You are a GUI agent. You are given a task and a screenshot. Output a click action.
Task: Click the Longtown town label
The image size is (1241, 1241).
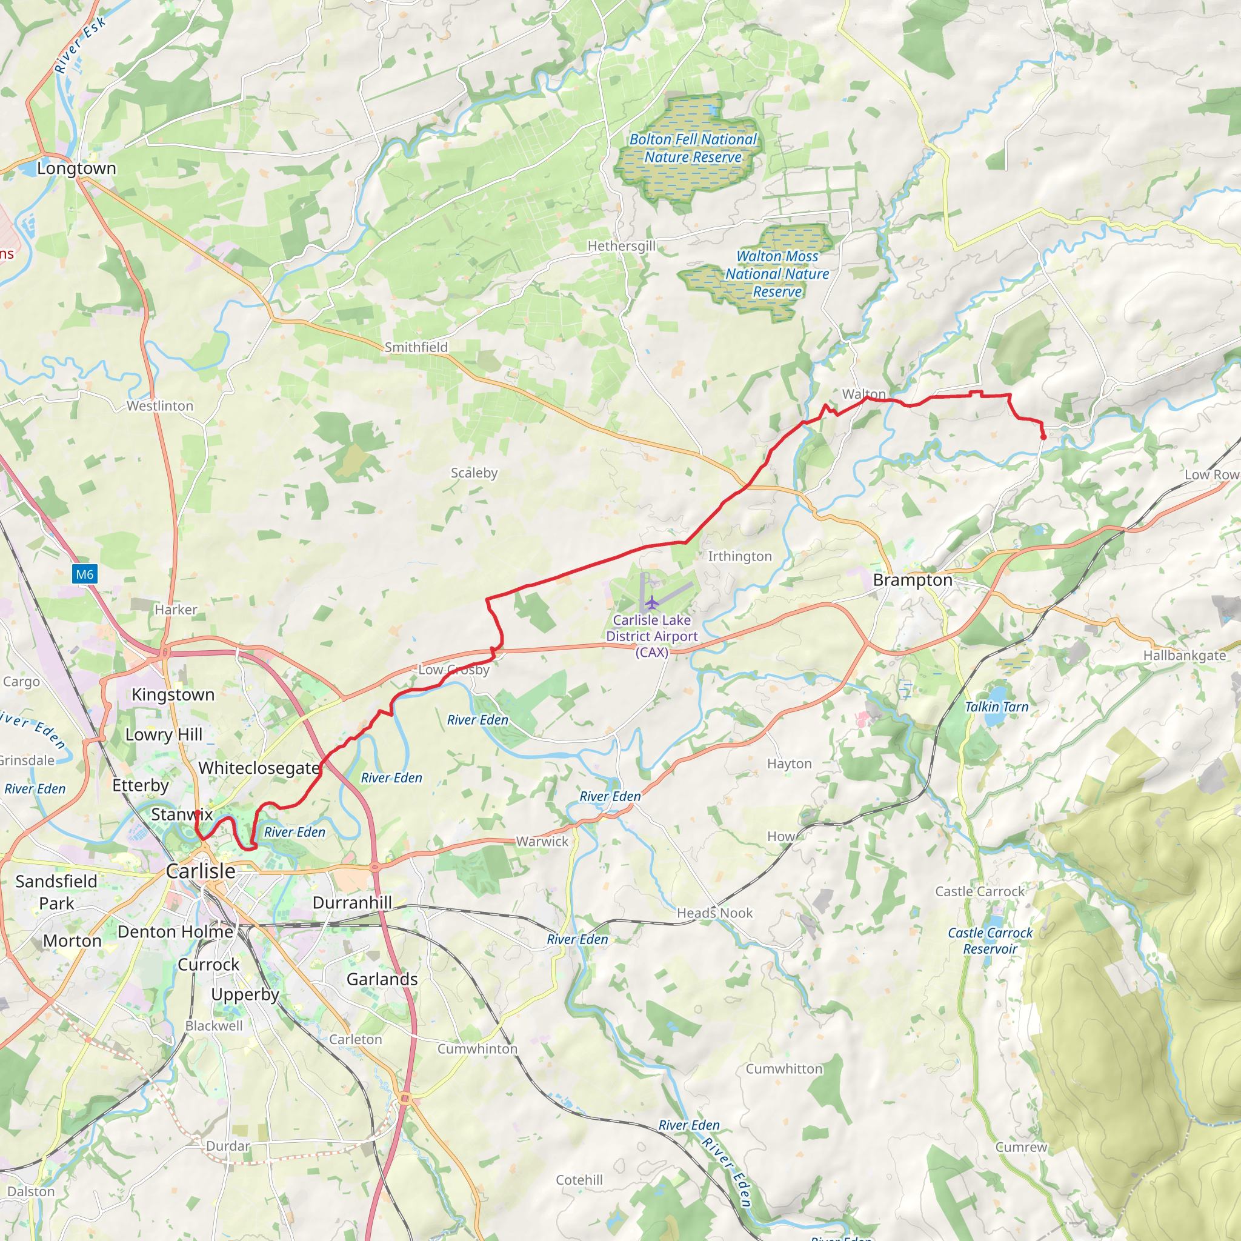(76, 168)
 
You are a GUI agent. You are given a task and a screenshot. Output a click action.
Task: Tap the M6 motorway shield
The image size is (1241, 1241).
(85, 574)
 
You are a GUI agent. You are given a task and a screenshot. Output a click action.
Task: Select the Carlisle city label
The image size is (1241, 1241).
(201, 871)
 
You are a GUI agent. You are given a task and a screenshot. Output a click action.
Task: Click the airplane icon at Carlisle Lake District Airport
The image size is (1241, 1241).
(652, 602)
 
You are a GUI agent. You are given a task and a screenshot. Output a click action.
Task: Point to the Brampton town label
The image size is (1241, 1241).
(912, 580)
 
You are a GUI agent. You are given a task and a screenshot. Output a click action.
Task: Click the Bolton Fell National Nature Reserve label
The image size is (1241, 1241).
(693, 148)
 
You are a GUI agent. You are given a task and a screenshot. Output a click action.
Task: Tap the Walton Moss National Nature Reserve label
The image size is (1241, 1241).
(777, 274)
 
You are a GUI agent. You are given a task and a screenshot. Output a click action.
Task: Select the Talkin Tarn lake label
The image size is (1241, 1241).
(996, 707)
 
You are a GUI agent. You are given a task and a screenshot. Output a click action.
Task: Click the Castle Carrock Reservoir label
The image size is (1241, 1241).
(990, 941)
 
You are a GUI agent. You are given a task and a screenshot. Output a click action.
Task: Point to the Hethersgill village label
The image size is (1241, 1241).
(621, 246)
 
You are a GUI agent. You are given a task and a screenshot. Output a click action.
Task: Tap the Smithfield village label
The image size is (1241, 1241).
(416, 347)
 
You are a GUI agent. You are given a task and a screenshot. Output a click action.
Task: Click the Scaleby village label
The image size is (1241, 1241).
(474, 473)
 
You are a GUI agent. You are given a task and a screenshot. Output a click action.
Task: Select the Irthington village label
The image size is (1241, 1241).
(739, 556)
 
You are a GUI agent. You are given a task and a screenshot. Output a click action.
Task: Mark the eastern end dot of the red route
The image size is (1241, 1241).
(1043, 438)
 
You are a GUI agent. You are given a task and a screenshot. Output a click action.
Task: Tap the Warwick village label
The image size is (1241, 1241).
(542, 842)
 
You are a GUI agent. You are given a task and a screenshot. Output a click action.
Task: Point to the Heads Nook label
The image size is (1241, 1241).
(714, 913)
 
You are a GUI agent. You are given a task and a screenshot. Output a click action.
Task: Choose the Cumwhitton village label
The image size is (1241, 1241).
(784, 1069)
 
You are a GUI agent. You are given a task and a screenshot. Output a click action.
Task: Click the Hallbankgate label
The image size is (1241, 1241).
(1185, 656)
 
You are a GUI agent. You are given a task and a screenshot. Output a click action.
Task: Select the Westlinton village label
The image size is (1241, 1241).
(159, 406)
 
